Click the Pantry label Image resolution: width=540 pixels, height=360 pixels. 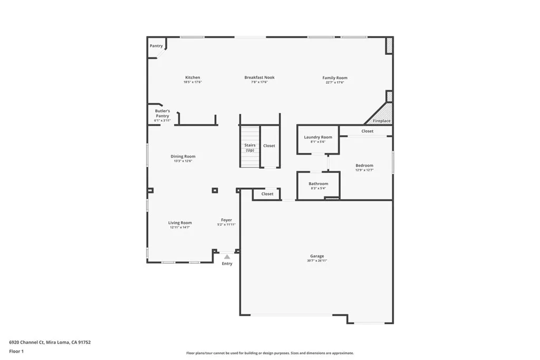pyautogui.click(x=156, y=46)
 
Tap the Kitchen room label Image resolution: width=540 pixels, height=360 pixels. pyautogui.click(x=192, y=77)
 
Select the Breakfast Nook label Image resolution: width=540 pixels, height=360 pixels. pyautogui.click(x=259, y=77)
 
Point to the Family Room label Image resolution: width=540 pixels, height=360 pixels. pyautogui.click(x=335, y=78)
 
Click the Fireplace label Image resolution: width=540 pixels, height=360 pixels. pyautogui.click(x=382, y=121)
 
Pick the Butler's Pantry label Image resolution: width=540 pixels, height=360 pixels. pyautogui.click(x=162, y=113)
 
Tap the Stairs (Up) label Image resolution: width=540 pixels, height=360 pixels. pyautogui.click(x=250, y=148)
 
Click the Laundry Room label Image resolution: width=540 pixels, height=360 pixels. pyautogui.click(x=318, y=137)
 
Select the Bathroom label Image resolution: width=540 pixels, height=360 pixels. pyautogui.click(x=319, y=184)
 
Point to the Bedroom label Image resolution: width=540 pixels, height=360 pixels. pyautogui.click(x=364, y=166)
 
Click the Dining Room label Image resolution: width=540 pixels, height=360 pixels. pyautogui.click(x=183, y=156)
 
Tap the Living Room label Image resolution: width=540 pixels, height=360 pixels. pyautogui.click(x=180, y=223)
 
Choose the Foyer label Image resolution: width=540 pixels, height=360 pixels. pyautogui.click(x=226, y=220)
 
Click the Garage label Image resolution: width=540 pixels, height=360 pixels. pyautogui.click(x=317, y=256)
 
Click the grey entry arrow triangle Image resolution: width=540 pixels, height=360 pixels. pyautogui.click(x=227, y=257)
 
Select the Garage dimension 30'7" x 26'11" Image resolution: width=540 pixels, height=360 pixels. pyautogui.click(x=317, y=261)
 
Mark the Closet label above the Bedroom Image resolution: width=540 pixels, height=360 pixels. pyautogui.click(x=368, y=131)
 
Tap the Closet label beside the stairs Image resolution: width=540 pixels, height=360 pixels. pyautogui.click(x=269, y=145)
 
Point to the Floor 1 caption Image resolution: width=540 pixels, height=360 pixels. pyautogui.click(x=16, y=351)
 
